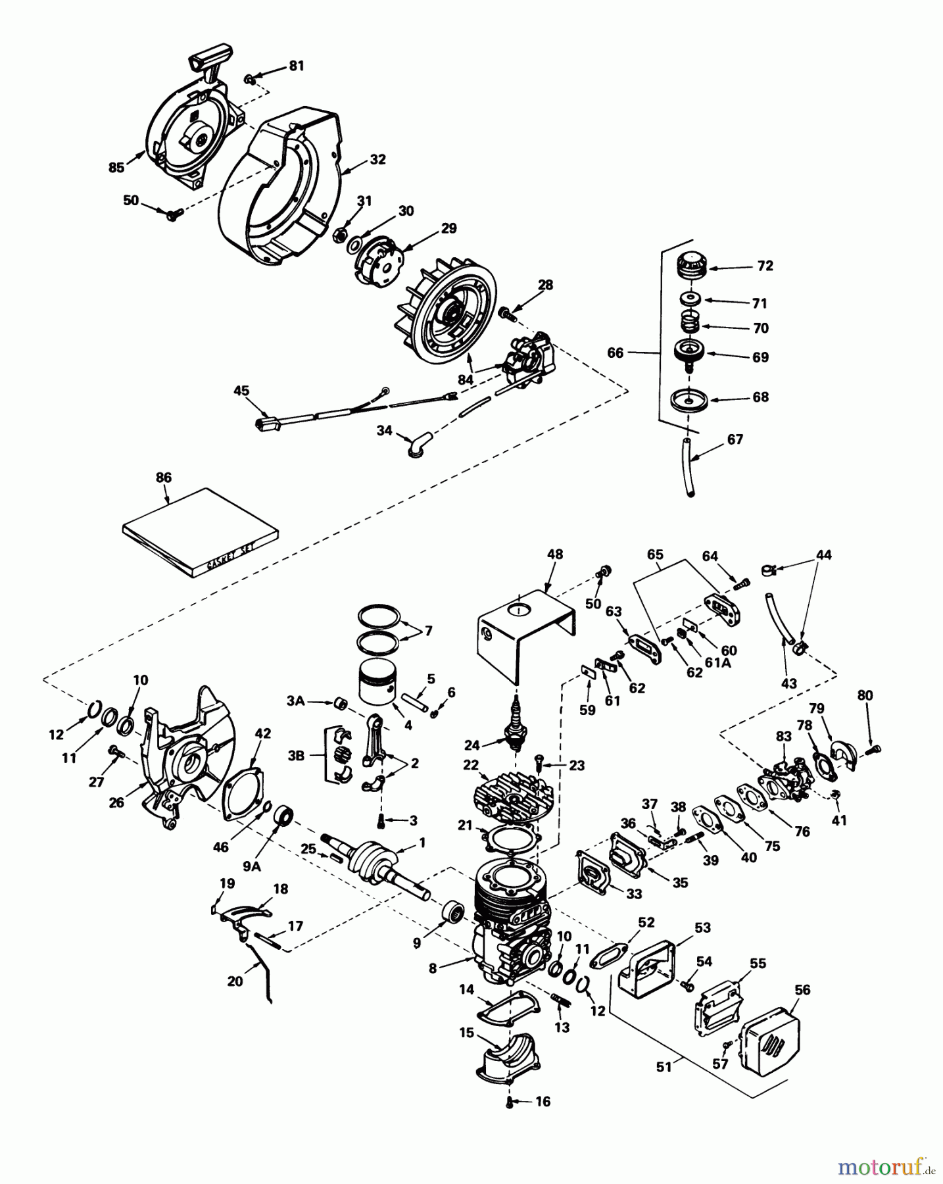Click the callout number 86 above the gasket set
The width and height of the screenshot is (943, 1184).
point(163,478)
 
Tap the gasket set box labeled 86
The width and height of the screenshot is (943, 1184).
point(201,533)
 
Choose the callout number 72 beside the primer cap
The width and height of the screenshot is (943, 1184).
point(765,266)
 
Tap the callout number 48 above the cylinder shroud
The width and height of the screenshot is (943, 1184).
point(555,555)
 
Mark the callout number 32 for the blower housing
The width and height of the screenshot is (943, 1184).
point(377,160)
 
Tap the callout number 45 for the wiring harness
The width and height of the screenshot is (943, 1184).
point(241,391)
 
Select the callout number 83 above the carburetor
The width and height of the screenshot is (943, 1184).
point(783,737)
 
